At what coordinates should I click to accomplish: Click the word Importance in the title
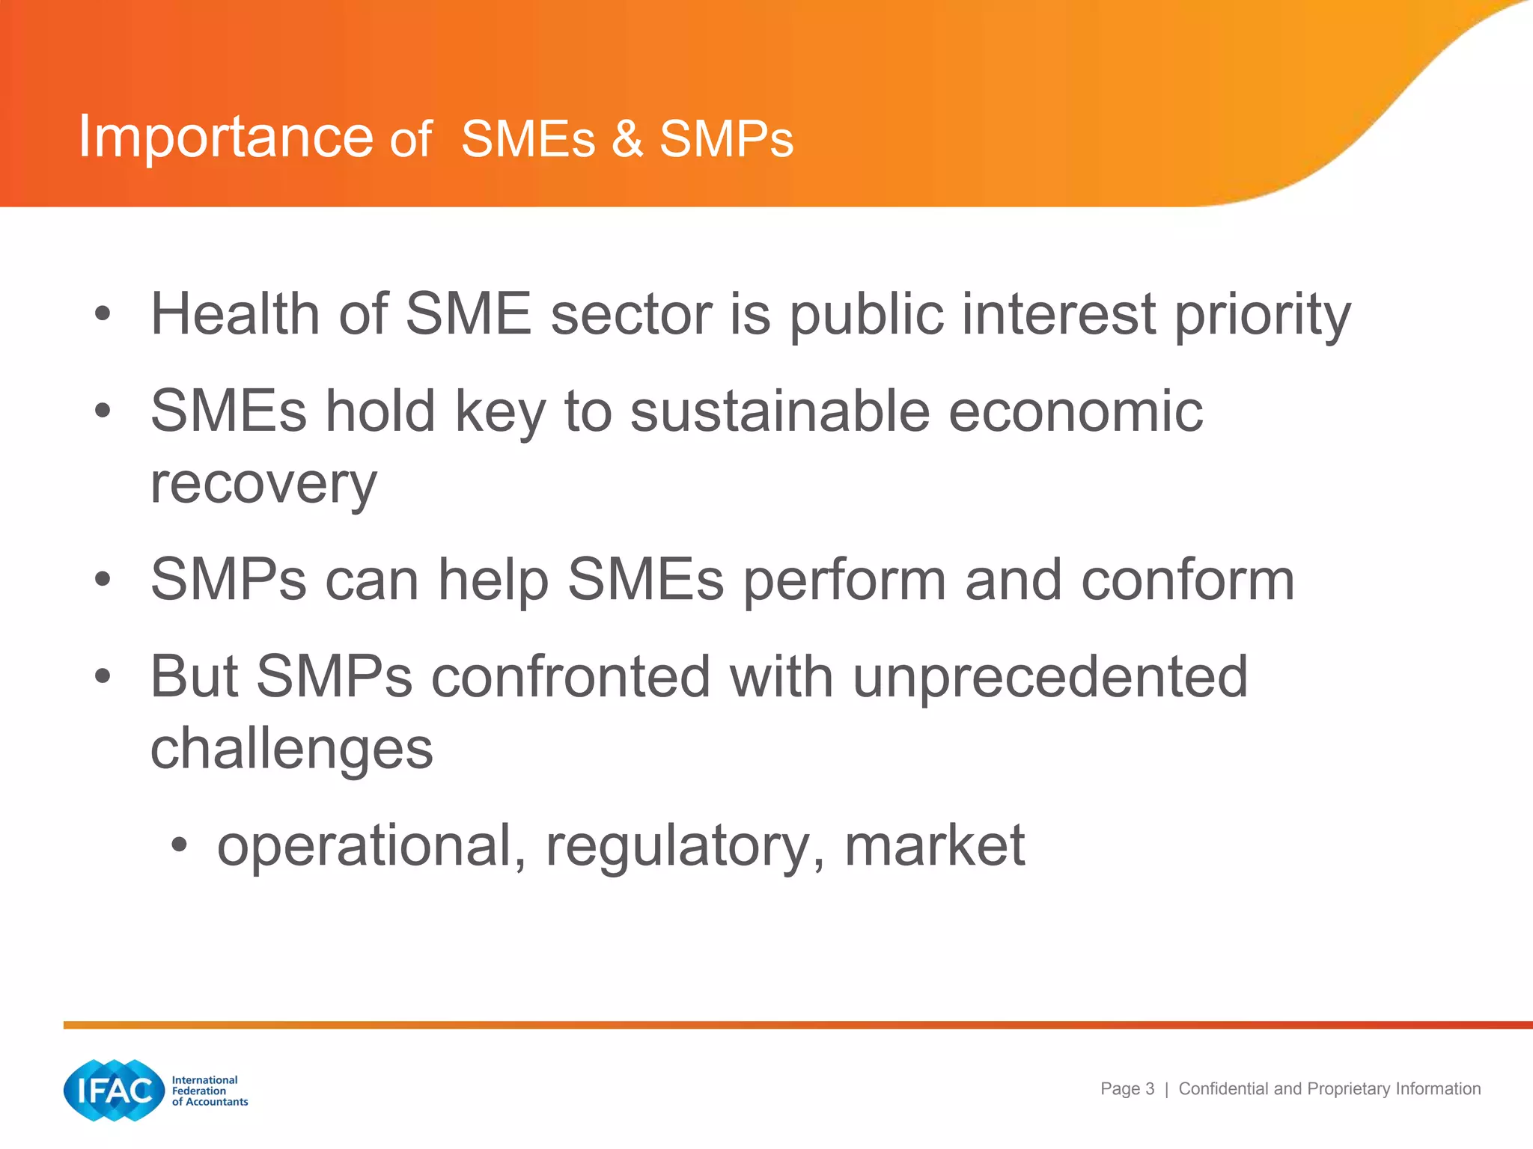[x=225, y=137]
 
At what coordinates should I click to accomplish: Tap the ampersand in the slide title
[x=627, y=139]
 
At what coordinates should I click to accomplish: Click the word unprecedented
[x=1050, y=676]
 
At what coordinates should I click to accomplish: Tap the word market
[x=934, y=846]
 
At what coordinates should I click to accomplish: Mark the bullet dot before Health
[x=103, y=314]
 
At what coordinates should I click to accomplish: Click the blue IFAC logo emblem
[x=114, y=1091]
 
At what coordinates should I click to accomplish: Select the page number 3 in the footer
[x=1150, y=1089]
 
